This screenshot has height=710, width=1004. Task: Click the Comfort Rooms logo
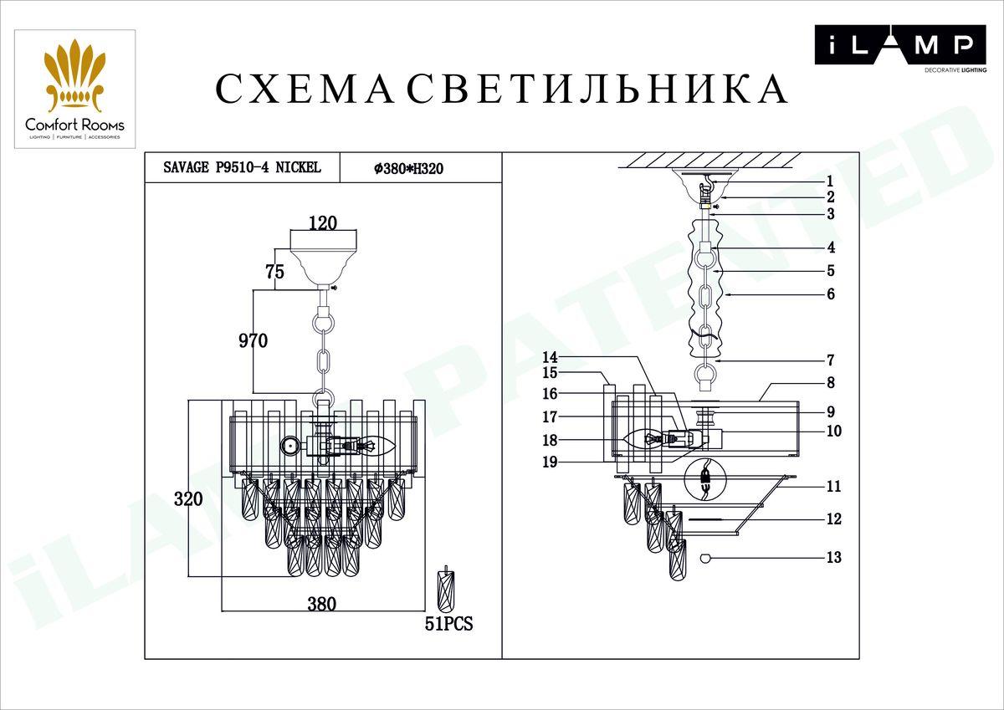pos(74,89)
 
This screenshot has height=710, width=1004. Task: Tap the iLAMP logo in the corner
pos(894,47)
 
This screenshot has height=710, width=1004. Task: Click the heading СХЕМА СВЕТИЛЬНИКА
pos(501,89)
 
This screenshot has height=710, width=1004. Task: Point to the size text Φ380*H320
pos(408,168)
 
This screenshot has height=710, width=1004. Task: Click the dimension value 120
pos(322,222)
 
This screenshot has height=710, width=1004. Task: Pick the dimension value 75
pos(274,272)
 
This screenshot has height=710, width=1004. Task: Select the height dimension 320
pos(188,499)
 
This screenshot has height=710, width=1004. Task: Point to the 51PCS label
pos(449,624)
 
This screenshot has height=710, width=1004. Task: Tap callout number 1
pos(829,181)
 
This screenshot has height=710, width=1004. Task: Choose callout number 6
pos(829,294)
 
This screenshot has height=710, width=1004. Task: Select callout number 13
pos(832,558)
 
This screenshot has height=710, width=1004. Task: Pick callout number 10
pos(832,432)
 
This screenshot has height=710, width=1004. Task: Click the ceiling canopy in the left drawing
pos(323,257)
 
